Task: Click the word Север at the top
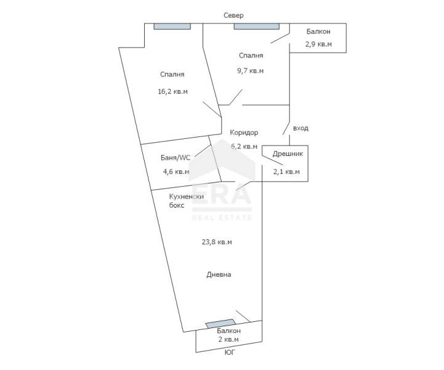pyautogui.click(x=233, y=15)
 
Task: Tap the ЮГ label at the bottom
pyautogui.click(x=230, y=352)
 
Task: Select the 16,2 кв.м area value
pyautogui.click(x=172, y=92)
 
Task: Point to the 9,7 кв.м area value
pyautogui.click(x=250, y=70)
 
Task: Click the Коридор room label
pyautogui.click(x=244, y=133)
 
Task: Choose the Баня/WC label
pyautogui.click(x=176, y=158)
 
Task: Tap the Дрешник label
pyautogui.click(x=288, y=154)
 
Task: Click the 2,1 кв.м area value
pyautogui.click(x=286, y=171)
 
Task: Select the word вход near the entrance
pyautogui.click(x=301, y=128)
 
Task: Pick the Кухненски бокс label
pyautogui.click(x=187, y=201)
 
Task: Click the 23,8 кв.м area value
pyautogui.click(x=217, y=242)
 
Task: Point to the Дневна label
pyautogui.click(x=219, y=274)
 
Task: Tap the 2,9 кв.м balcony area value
pyautogui.click(x=318, y=44)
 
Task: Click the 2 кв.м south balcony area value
pyautogui.click(x=228, y=339)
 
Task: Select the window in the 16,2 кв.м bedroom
pyautogui.click(x=172, y=27)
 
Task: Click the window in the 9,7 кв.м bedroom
pyautogui.click(x=257, y=27)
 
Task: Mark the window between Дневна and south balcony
pyautogui.click(x=220, y=324)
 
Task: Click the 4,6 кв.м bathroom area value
pyautogui.click(x=176, y=171)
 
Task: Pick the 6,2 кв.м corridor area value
pyautogui.click(x=244, y=147)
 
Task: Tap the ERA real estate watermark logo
pyautogui.click(x=222, y=181)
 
